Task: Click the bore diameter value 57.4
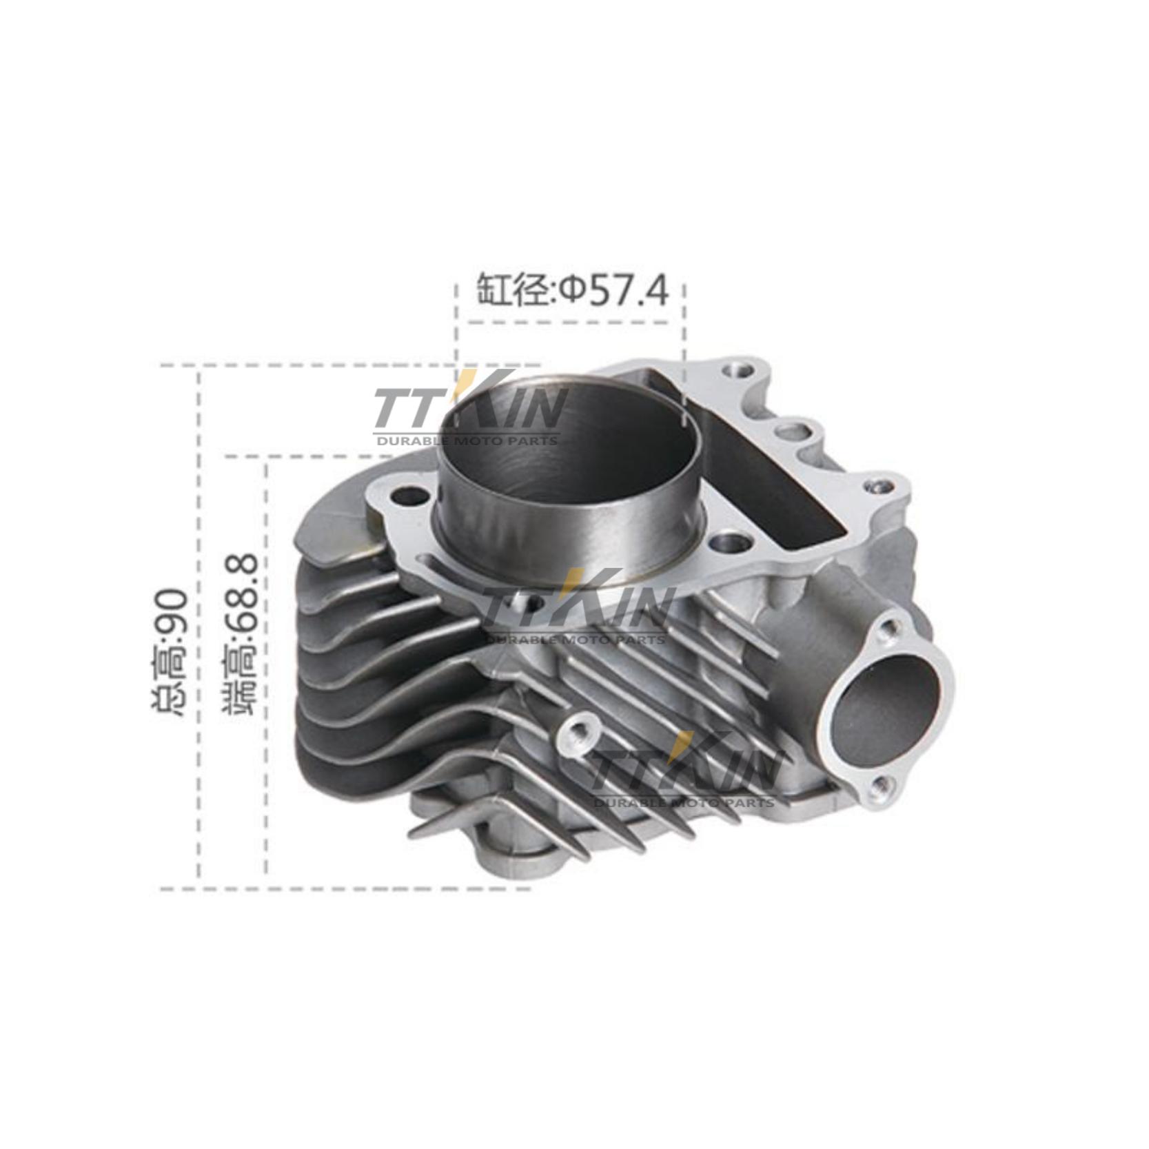628,289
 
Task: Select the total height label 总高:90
167,652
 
